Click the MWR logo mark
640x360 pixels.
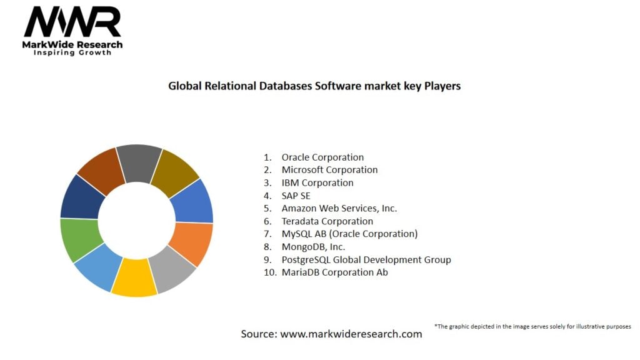(72, 22)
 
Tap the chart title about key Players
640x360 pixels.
(314, 86)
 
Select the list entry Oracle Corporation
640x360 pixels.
(322, 157)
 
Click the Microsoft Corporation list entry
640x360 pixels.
(329, 170)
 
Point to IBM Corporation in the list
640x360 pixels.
(317, 183)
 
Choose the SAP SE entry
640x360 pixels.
(296, 196)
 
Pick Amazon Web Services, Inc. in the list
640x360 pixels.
(339, 208)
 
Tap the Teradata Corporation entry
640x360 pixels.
(327, 221)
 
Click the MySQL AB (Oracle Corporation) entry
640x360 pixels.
(349, 234)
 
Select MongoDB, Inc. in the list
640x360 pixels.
(313, 247)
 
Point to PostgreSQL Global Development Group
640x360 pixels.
(366, 259)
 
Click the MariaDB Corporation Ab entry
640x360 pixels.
(334, 272)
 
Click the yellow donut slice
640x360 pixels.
(134, 277)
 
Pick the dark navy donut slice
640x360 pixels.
(82, 197)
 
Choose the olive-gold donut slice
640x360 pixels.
(175, 165)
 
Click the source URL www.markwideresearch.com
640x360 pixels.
(351, 334)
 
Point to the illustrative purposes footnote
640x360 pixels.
(532, 326)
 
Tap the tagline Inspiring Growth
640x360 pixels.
(72, 53)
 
